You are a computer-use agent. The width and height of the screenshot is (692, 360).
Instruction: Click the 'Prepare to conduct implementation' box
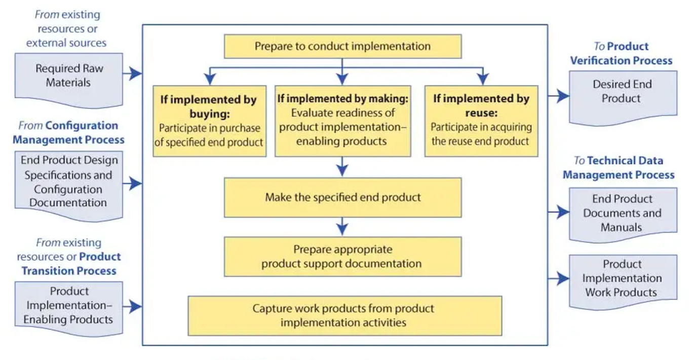click(x=342, y=46)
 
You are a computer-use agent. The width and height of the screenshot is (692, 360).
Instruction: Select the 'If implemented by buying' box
click(x=209, y=121)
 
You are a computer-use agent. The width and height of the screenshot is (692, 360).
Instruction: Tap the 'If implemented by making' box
click(x=342, y=121)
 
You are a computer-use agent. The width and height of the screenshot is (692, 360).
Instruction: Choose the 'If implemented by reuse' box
click(x=481, y=121)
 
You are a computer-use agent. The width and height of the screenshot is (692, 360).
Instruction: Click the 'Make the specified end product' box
click(x=342, y=197)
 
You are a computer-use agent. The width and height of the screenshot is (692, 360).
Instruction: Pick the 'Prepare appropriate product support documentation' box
click(x=342, y=257)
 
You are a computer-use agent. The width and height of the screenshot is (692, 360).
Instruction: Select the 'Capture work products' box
click(x=345, y=316)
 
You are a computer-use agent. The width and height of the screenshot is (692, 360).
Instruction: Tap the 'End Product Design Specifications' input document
click(x=68, y=186)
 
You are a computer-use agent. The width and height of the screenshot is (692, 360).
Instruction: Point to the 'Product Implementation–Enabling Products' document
click(x=68, y=308)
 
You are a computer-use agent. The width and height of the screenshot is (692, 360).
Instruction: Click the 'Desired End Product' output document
click(x=623, y=98)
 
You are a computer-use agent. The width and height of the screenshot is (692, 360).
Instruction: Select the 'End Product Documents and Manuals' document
click(x=623, y=215)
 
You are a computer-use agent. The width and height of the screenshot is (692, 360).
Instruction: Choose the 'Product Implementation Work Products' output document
click(x=623, y=282)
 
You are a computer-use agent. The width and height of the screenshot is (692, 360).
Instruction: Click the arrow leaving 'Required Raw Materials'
click(x=132, y=73)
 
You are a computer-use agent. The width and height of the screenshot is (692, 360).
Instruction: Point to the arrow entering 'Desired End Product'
click(x=559, y=96)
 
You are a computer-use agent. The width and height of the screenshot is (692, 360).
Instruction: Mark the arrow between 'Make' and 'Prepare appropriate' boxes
click(x=342, y=227)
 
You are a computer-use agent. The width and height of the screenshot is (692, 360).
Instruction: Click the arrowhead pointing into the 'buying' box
click(x=210, y=79)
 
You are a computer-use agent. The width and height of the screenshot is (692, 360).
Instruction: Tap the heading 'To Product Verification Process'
click(x=621, y=53)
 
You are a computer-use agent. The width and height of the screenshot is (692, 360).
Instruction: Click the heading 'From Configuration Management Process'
click(x=68, y=133)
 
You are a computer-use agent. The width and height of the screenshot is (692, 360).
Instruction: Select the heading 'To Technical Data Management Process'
click(x=619, y=168)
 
